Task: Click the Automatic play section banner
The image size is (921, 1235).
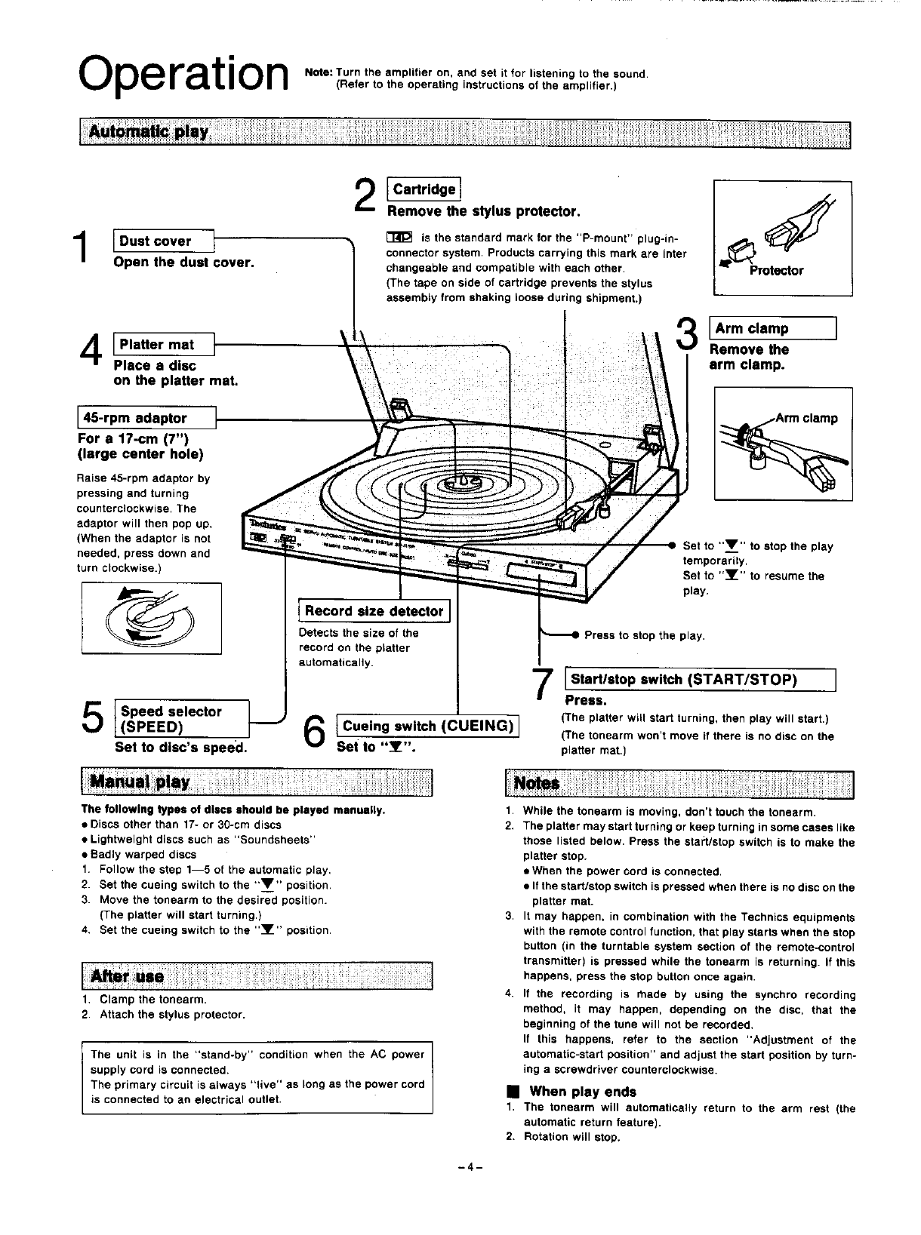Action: (464, 135)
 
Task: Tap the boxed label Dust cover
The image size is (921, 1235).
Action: (164, 241)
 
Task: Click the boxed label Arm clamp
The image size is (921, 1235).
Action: (773, 329)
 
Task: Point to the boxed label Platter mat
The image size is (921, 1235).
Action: (164, 345)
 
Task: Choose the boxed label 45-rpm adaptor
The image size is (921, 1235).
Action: (146, 418)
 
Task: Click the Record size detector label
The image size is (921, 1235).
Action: (374, 611)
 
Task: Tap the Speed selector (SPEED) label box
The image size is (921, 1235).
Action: (180, 719)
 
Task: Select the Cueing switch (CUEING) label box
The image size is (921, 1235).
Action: (428, 727)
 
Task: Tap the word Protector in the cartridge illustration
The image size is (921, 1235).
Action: (777, 271)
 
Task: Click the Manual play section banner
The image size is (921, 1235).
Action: (257, 782)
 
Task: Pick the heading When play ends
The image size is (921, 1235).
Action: (583, 1092)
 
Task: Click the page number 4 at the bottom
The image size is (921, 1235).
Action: (470, 1166)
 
